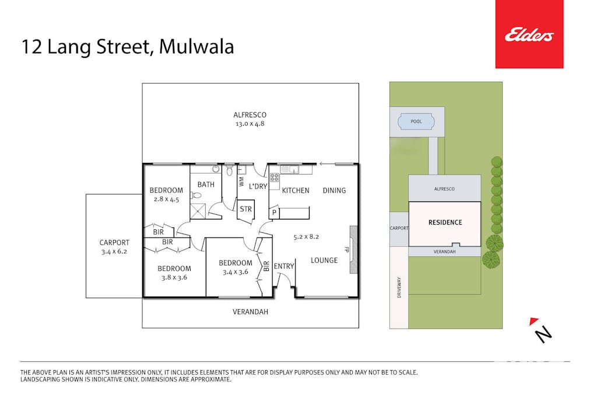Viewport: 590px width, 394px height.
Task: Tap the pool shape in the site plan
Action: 417,122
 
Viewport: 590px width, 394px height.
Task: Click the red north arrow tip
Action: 532,321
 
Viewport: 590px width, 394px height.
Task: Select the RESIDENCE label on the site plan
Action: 445,222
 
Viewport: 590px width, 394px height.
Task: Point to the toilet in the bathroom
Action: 229,171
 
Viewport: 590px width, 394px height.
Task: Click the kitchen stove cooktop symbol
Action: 275,177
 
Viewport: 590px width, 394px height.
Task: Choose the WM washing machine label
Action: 241,181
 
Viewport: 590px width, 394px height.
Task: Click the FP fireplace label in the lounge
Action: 347,249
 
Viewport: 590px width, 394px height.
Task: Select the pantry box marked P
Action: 274,212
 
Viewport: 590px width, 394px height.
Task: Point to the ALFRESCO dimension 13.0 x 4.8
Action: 250,124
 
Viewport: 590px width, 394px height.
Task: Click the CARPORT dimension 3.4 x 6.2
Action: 114,252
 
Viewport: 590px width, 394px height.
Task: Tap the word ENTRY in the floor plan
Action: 284,266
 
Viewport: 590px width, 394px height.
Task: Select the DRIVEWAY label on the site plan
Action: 400,287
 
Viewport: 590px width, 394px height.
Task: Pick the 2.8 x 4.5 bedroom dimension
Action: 166,199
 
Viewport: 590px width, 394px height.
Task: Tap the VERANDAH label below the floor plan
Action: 250,312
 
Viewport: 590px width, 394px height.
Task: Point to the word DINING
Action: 334,190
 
